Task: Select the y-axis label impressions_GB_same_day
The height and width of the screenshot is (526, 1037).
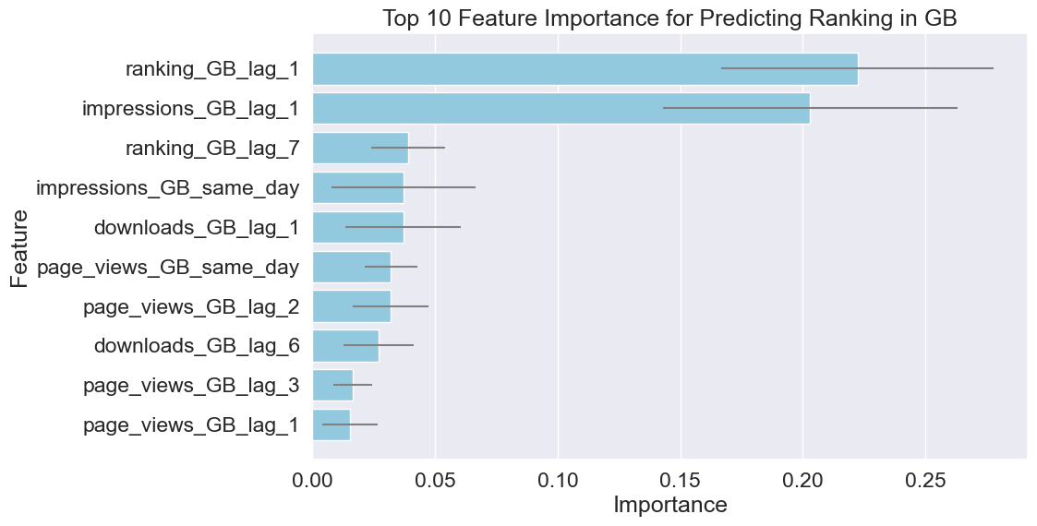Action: (167, 188)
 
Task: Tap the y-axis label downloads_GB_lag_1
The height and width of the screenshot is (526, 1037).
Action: (197, 227)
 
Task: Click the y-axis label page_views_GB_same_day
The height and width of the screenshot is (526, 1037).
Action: (168, 268)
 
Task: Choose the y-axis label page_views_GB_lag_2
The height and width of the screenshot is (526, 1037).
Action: (191, 306)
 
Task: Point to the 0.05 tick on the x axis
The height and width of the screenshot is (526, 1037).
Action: (436, 481)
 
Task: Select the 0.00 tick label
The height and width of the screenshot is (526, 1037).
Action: (314, 481)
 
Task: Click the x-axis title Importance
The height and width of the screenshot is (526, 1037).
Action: (669, 506)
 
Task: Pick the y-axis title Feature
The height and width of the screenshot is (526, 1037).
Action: (20, 249)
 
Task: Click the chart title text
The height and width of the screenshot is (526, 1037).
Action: (669, 18)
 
